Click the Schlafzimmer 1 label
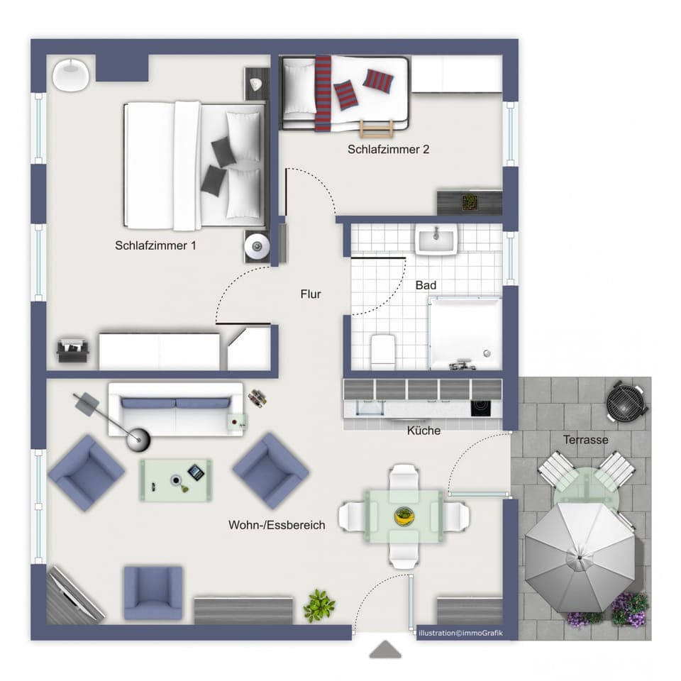click(x=155, y=245)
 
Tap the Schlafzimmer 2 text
click(x=388, y=150)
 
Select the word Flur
click(x=311, y=294)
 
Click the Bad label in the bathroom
click(x=426, y=285)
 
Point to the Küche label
click(x=423, y=431)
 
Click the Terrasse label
click(x=585, y=440)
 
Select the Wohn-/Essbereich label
click(x=277, y=525)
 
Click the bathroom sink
click(x=437, y=240)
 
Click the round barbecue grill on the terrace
click(x=626, y=402)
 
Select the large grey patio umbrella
click(x=580, y=555)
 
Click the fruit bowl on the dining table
click(x=404, y=516)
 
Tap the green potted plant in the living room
click(x=319, y=606)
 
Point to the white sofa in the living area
click(x=175, y=410)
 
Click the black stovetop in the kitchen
click(x=480, y=408)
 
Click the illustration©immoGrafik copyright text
click(x=460, y=633)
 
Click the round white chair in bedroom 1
click(x=70, y=74)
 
